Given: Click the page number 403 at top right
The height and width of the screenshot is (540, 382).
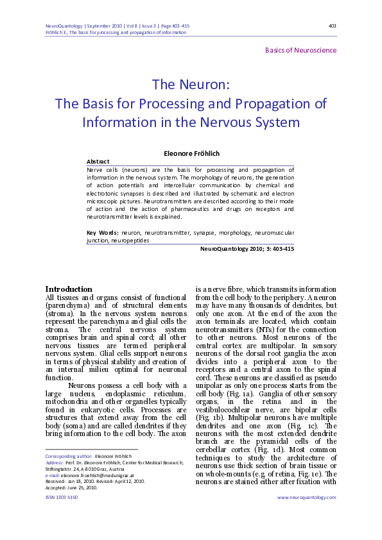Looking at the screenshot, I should click(x=332, y=26).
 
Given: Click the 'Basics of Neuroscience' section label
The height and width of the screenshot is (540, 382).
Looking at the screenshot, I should click(x=300, y=50).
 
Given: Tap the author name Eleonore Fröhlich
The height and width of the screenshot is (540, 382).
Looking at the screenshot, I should click(x=191, y=154).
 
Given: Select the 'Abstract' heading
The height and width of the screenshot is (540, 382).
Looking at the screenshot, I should click(x=98, y=162).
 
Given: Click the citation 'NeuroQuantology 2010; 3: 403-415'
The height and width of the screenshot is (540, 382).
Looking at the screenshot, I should click(x=247, y=248).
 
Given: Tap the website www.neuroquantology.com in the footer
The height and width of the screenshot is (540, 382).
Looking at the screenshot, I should click(x=307, y=515).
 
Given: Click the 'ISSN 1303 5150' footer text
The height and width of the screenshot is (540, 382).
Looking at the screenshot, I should click(x=62, y=515).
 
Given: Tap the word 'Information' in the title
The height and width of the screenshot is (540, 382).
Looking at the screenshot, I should click(x=119, y=122).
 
